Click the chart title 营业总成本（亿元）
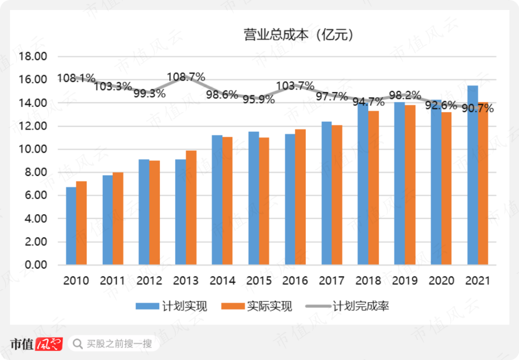(x=298, y=35)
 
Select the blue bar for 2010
(x=71, y=226)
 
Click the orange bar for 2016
(x=300, y=197)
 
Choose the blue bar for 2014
(x=217, y=200)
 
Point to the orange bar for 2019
(x=409, y=185)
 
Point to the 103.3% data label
(x=112, y=87)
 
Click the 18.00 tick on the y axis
(x=33, y=57)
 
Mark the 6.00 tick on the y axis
(x=33, y=196)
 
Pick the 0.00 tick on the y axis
(x=33, y=265)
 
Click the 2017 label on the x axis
(x=332, y=281)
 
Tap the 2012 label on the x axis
(x=149, y=281)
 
